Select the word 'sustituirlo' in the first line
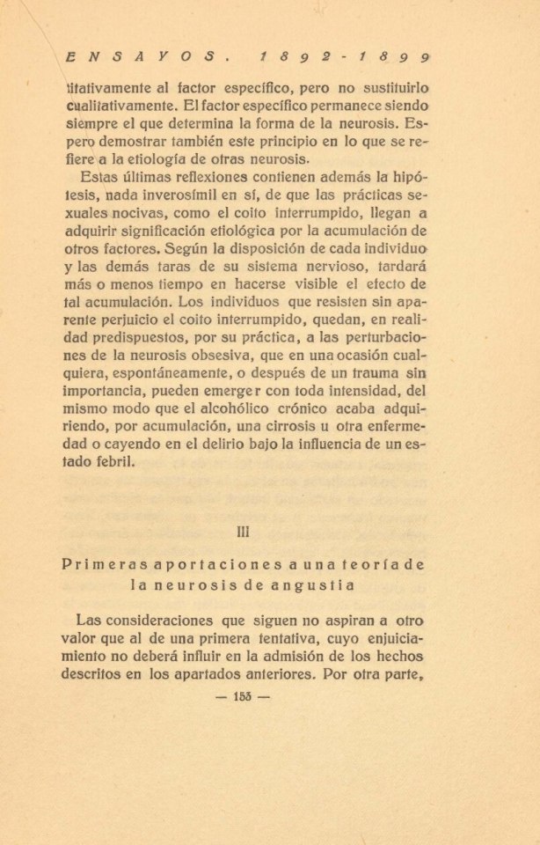386,89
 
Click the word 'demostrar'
151,140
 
